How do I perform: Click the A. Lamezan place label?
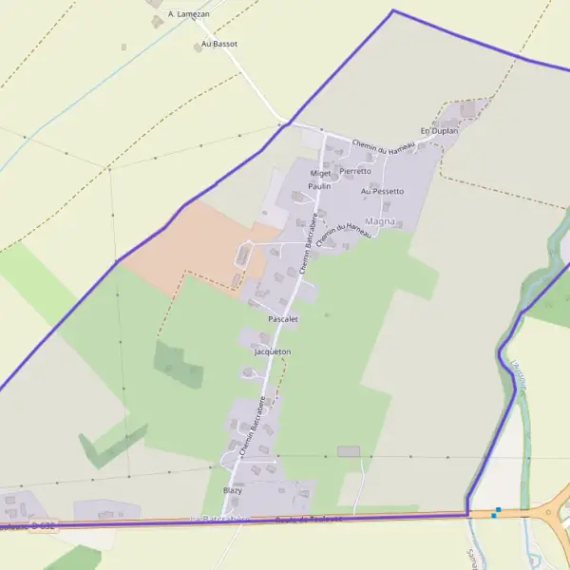188,14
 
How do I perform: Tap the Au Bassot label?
219,44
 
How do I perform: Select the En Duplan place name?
439,130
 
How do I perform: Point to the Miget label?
320,173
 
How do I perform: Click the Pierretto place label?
355,171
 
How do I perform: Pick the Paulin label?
319,186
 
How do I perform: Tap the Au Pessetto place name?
382,191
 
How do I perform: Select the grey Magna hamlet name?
379,220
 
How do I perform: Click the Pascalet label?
283,319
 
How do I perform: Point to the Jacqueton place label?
273,351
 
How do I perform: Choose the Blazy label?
232,490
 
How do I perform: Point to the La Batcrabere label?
219,520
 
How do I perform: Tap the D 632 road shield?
44,524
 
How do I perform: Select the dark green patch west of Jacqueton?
177,365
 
